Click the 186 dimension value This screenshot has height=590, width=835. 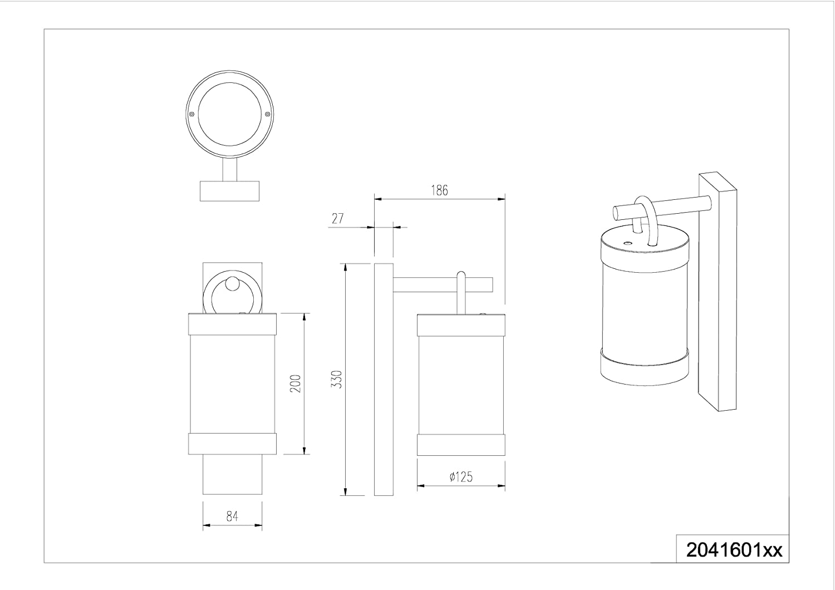click(439, 190)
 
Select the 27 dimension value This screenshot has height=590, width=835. click(337, 218)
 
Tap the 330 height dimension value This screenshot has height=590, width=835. click(337, 380)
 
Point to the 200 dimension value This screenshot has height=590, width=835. click(295, 383)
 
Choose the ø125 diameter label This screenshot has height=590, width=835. click(461, 476)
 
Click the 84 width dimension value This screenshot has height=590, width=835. click(232, 516)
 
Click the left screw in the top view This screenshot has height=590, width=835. click(191, 114)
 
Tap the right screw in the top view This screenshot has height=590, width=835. click(267, 114)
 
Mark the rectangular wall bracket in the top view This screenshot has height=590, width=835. click(229, 191)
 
